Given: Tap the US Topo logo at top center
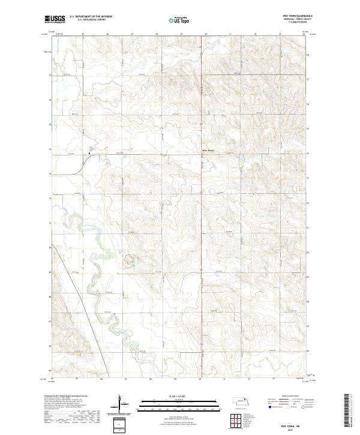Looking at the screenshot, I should pyautogui.click(x=180, y=20).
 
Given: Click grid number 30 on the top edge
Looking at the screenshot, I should pyautogui.click(x=206, y=34).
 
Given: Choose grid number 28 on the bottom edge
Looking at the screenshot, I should pyautogui.click(x=151, y=380).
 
